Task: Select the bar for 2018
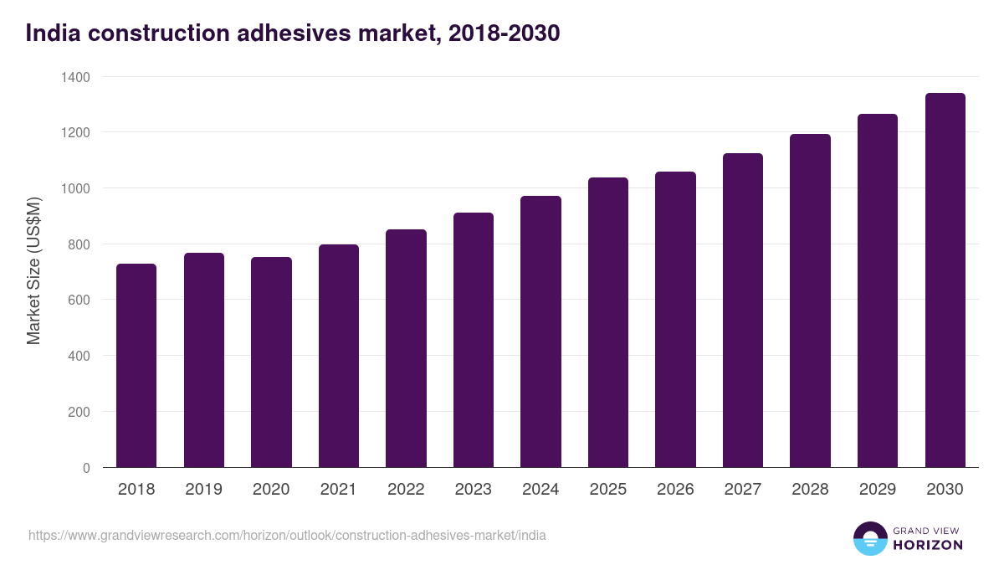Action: [x=136, y=366]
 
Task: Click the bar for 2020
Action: [x=271, y=362]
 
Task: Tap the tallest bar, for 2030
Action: [x=945, y=280]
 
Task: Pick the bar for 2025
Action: [x=607, y=322]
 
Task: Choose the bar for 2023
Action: [x=474, y=340]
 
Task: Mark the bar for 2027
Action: [x=742, y=311]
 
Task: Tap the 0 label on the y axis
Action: [x=86, y=468]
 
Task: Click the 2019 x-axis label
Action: [x=203, y=489]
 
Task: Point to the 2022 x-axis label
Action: [x=406, y=489]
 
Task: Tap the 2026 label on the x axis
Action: [x=675, y=489]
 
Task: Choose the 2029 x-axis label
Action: [x=878, y=489]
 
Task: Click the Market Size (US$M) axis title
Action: [x=33, y=271]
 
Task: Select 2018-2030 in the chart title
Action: [x=504, y=33]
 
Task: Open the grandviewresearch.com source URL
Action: [x=287, y=535]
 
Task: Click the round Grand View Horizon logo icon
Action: [x=869, y=539]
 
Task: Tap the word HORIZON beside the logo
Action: [x=928, y=545]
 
